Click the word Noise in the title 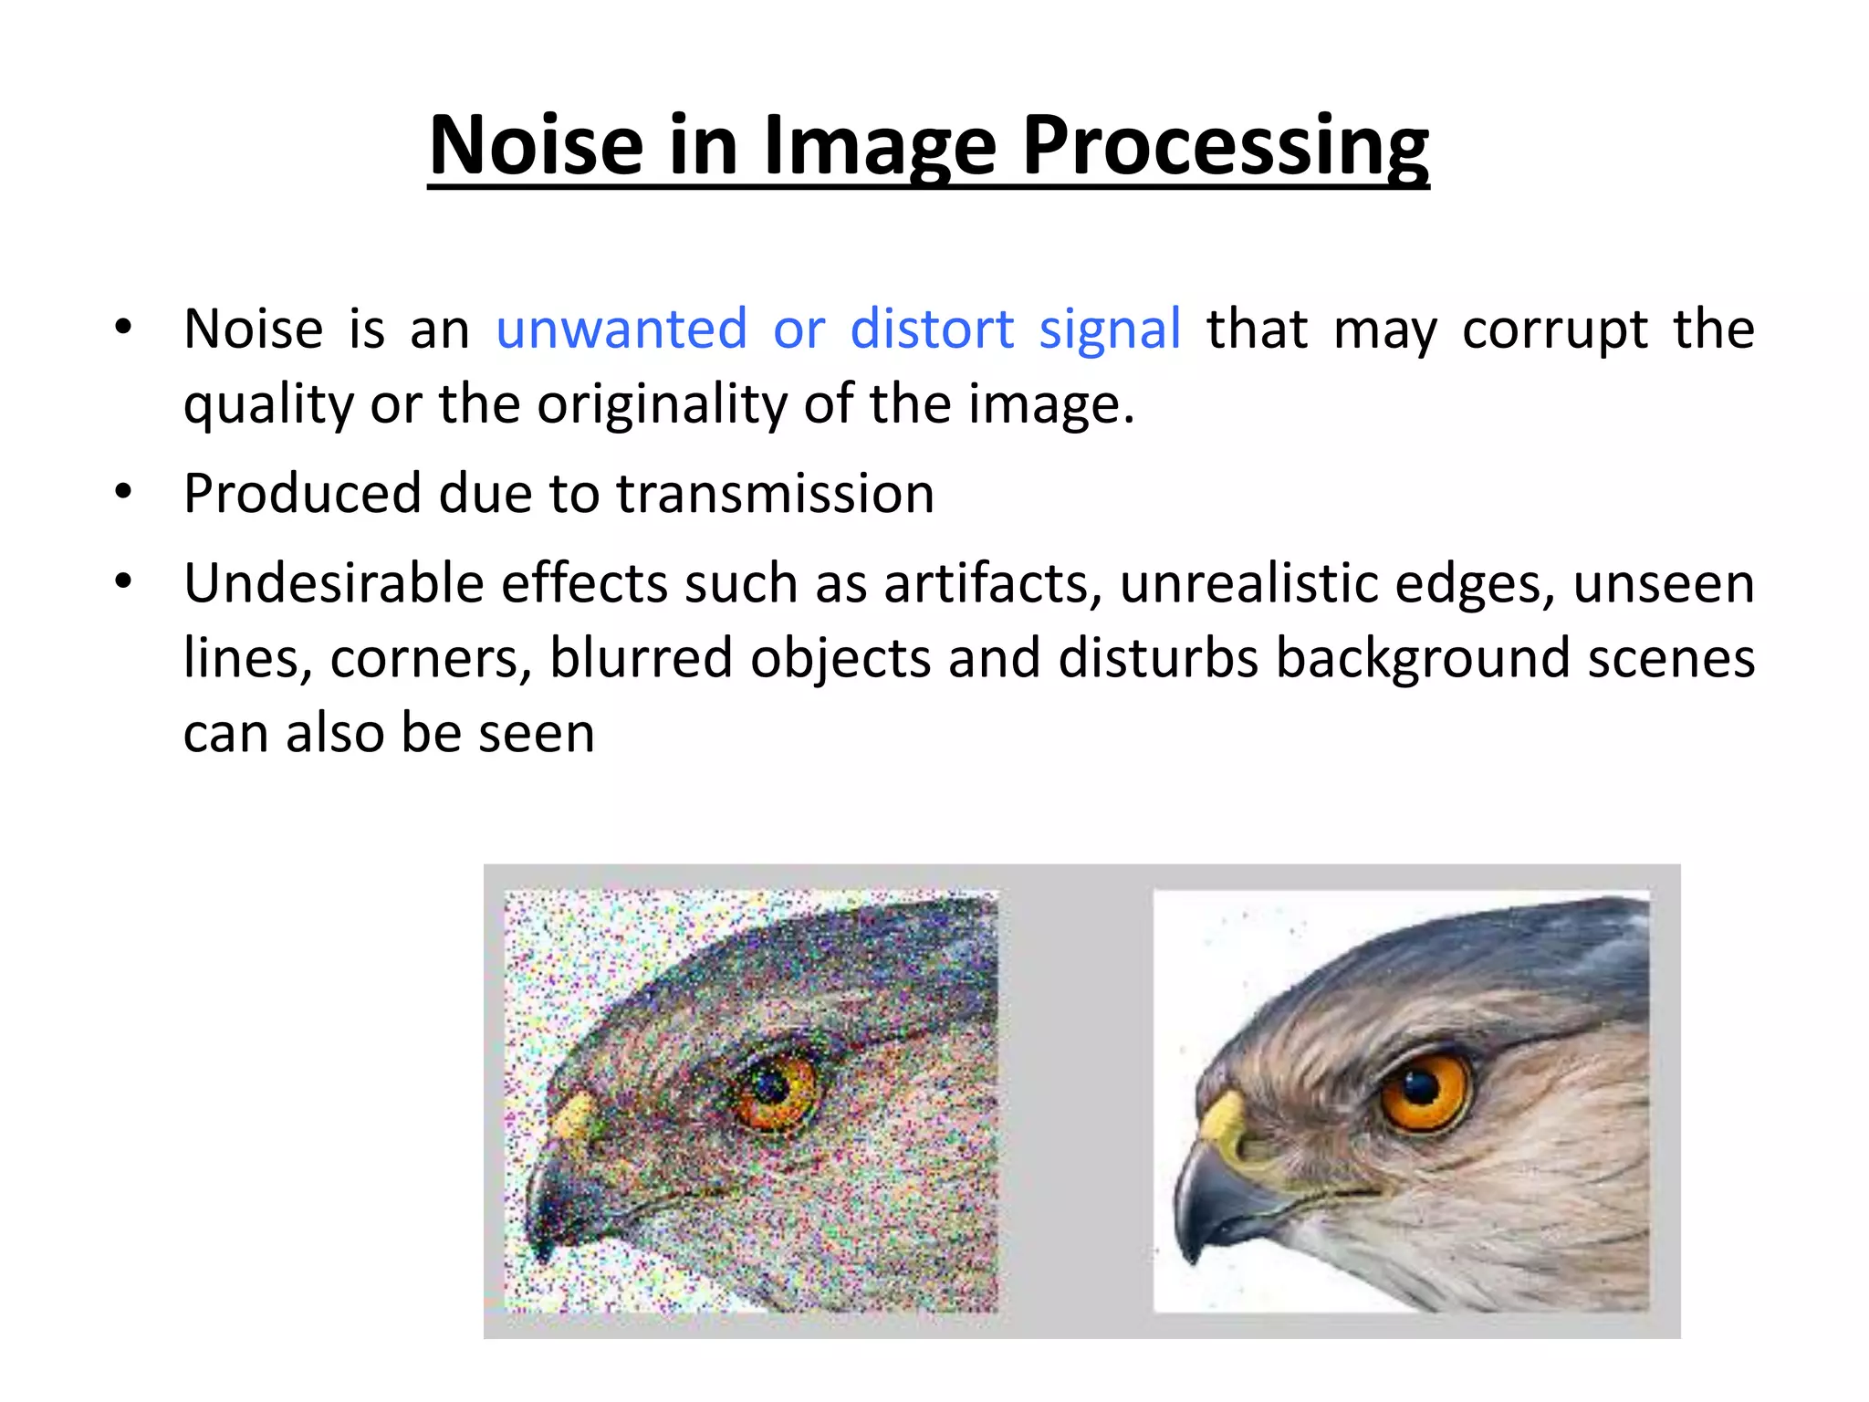[537, 146]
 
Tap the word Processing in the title [1225, 146]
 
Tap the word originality [662, 403]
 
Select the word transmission [775, 494]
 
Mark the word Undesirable [333, 583]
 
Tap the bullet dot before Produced [124, 493]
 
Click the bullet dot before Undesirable [124, 581]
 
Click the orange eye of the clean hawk [1425, 1090]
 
